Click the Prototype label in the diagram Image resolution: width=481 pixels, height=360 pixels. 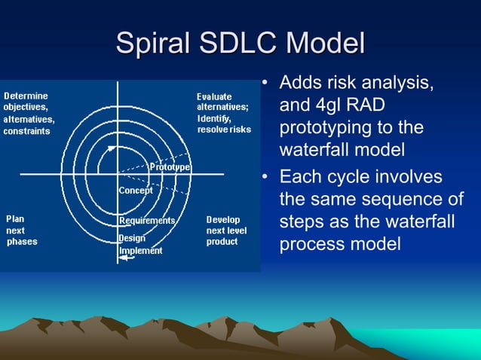coord(170,166)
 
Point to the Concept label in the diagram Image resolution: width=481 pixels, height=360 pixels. coord(136,191)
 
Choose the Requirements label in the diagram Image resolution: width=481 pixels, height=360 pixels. coord(147,221)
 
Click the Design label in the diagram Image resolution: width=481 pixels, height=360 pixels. coord(132,239)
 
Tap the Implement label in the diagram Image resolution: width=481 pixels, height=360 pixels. coord(140,250)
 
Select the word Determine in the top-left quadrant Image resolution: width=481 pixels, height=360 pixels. coord(26,96)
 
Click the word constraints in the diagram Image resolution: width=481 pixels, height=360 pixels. coord(28,130)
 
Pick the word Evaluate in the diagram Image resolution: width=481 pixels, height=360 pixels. coord(214,96)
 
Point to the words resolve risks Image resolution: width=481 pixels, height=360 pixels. coord(224,130)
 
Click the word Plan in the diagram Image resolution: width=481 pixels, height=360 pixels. coord(15,219)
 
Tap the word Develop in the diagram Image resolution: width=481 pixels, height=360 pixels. coord(224,219)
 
